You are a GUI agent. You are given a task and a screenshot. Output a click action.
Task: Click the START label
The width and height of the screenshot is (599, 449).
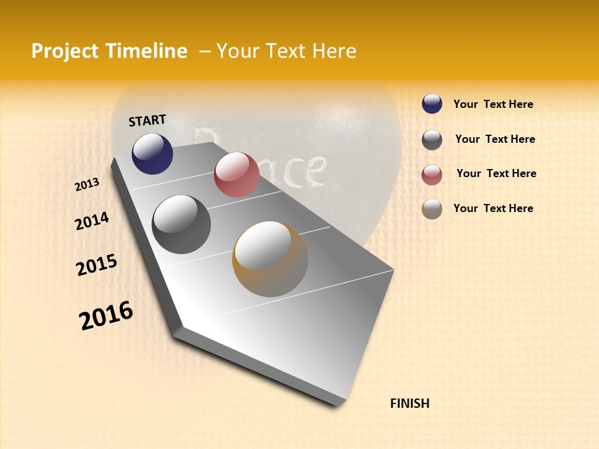pyautogui.click(x=147, y=120)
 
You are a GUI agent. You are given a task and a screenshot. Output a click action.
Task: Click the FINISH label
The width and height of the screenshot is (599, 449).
pyautogui.click(x=409, y=403)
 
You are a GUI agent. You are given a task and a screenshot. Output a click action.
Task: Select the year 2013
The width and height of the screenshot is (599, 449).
pyautogui.click(x=87, y=185)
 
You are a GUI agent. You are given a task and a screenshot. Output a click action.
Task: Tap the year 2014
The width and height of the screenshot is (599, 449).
pyautogui.click(x=92, y=221)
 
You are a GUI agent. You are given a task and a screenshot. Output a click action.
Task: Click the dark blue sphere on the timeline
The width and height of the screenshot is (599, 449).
pyautogui.click(x=152, y=153)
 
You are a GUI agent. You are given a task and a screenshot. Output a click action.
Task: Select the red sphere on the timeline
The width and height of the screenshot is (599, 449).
pyautogui.click(x=236, y=175)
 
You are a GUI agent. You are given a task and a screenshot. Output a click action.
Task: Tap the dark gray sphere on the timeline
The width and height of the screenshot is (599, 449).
pyautogui.click(x=182, y=224)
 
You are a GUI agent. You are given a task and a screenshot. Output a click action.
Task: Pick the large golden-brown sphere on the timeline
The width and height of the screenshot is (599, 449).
pyautogui.click(x=270, y=259)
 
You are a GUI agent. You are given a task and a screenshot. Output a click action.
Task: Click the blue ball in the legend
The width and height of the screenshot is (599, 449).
pyautogui.click(x=432, y=104)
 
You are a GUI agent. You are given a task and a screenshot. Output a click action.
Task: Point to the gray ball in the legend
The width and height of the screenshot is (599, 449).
pyautogui.click(x=432, y=140)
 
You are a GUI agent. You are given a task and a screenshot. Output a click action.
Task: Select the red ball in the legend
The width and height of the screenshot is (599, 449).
pyautogui.click(x=432, y=175)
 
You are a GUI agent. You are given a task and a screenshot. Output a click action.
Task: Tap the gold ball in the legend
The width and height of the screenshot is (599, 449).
pyautogui.click(x=432, y=209)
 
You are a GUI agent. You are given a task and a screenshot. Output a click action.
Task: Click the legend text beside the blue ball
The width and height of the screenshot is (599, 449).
pyautogui.click(x=493, y=104)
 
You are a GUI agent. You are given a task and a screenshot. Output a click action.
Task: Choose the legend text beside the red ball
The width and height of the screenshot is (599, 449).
pyautogui.click(x=496, y=173)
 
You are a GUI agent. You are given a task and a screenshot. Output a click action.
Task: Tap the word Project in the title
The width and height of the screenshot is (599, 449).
pyautogui.click(x=66, y=51)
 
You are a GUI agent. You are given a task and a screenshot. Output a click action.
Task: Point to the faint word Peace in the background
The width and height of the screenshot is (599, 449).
pyautogui.click(x=262, y=159)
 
